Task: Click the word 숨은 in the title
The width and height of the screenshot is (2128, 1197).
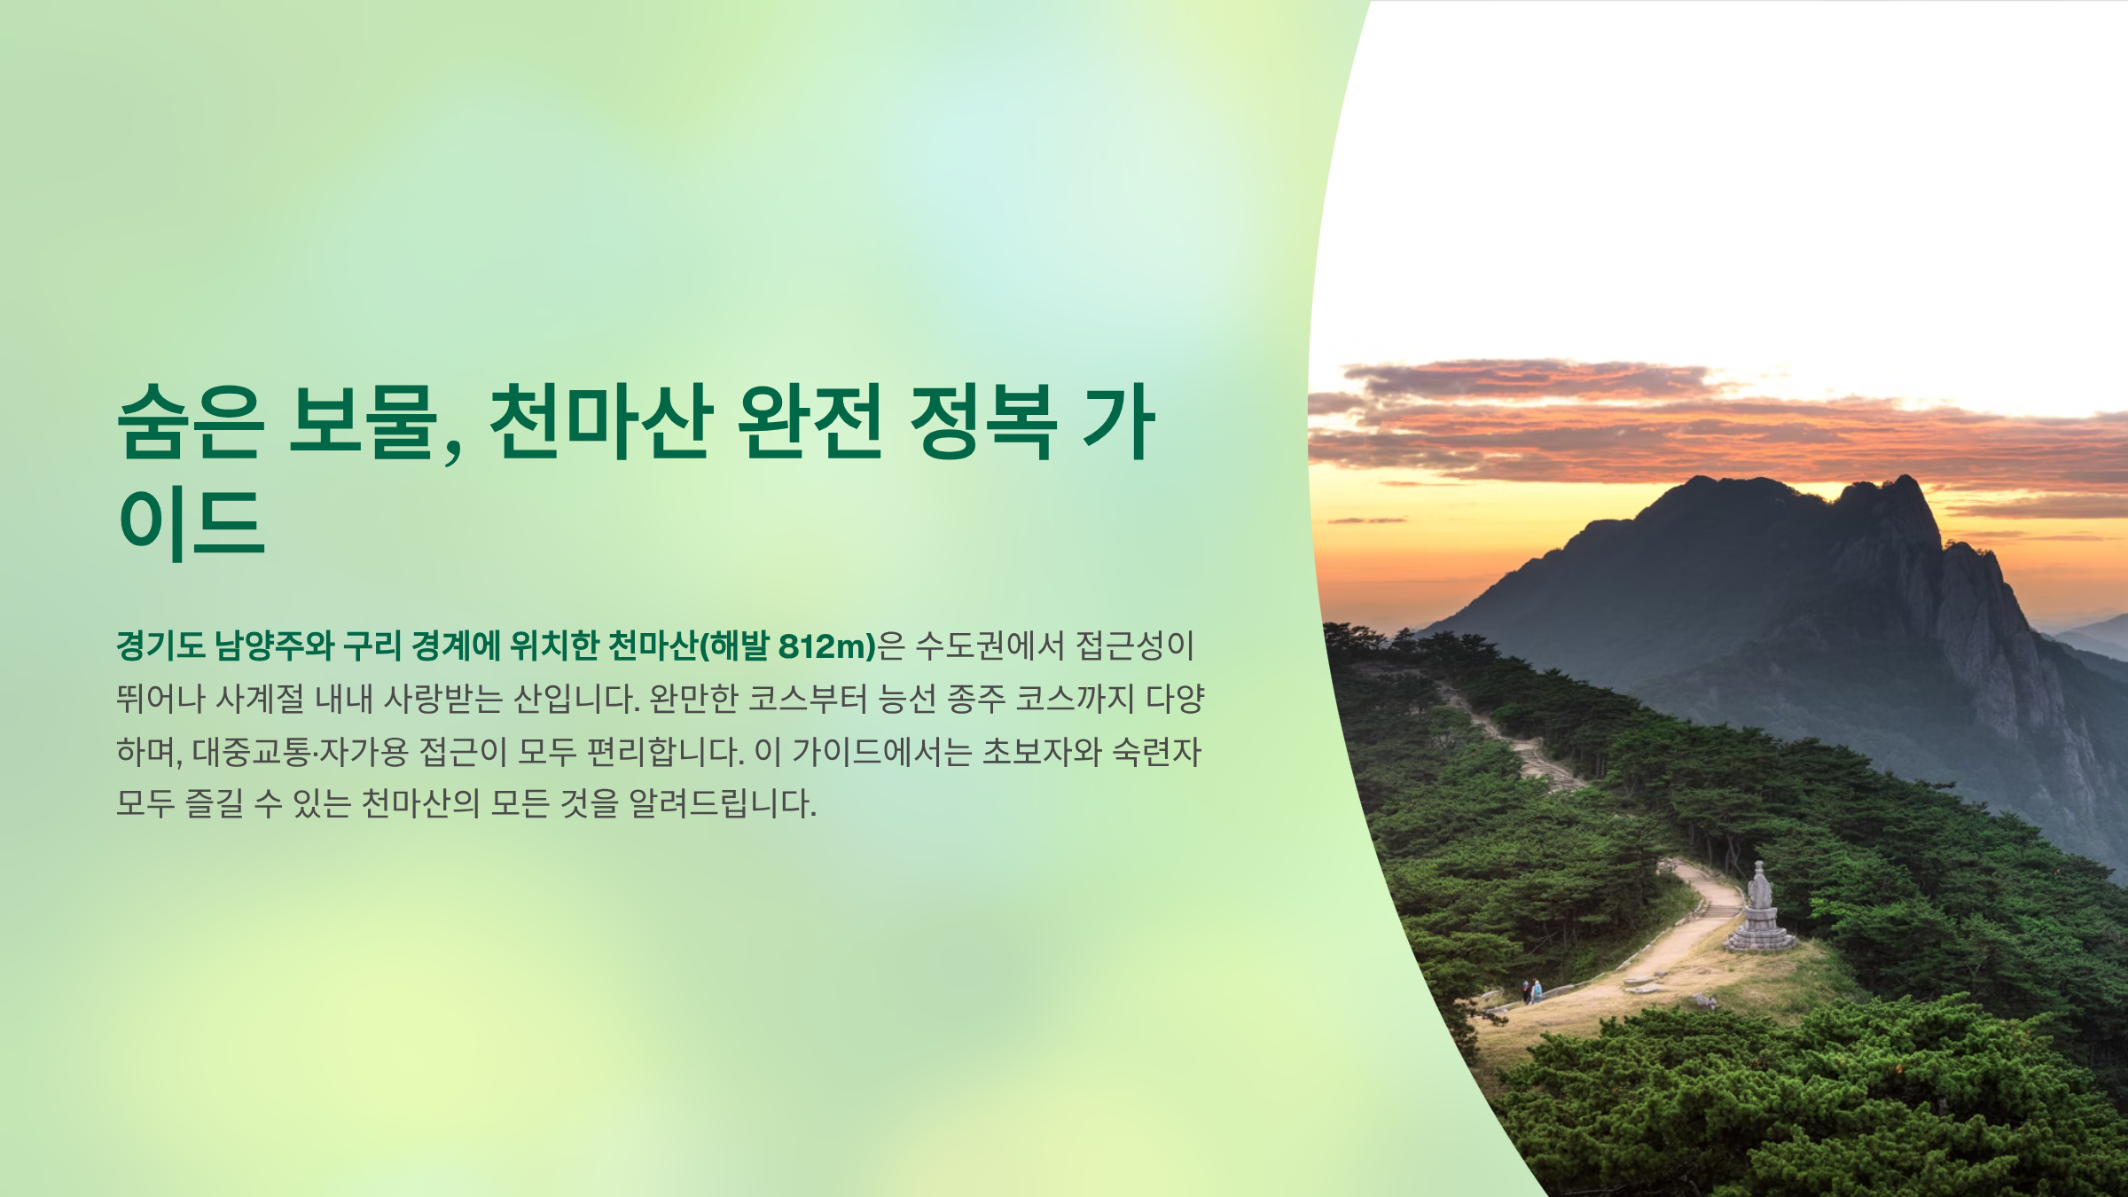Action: pos(190,422)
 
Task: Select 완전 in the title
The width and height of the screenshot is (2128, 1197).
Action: pos(809,422)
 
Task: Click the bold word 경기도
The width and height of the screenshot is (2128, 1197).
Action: pos(160,646)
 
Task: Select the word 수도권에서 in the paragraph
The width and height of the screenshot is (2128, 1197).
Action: pos(989,646)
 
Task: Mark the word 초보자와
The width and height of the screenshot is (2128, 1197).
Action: pos(1042,753)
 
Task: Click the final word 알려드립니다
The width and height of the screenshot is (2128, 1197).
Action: pos(722,805)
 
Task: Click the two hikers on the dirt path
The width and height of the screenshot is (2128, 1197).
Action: pos(1531,990)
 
